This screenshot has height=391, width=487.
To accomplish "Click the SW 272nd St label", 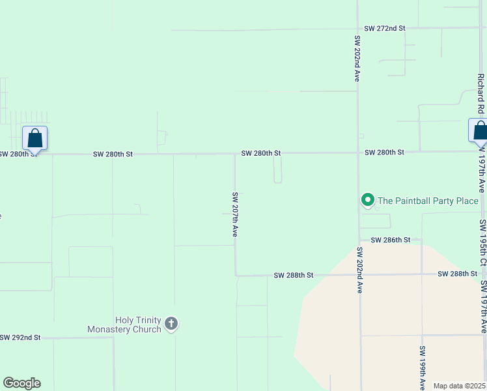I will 384,29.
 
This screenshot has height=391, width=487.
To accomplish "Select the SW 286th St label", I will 391,240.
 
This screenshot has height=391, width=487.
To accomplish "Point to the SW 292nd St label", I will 20,338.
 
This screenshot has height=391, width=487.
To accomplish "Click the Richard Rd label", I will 480,93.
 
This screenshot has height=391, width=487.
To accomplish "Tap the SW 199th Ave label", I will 422,368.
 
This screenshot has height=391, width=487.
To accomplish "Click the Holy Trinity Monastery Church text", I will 124,325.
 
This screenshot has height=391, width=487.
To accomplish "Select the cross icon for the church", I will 171,323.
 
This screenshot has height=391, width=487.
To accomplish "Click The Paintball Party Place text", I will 428,201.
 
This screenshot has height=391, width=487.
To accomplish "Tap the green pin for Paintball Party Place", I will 367,200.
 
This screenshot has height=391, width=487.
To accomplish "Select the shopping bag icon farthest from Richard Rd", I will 35,138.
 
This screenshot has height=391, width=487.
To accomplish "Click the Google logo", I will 21,383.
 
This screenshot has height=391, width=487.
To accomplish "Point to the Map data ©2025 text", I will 459,386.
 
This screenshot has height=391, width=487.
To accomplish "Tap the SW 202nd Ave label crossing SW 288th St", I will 359,270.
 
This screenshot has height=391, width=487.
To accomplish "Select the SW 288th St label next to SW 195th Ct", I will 458,274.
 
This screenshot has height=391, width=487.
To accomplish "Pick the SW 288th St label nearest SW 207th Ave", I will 294,276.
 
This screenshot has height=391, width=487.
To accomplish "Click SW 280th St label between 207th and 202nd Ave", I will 260,153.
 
